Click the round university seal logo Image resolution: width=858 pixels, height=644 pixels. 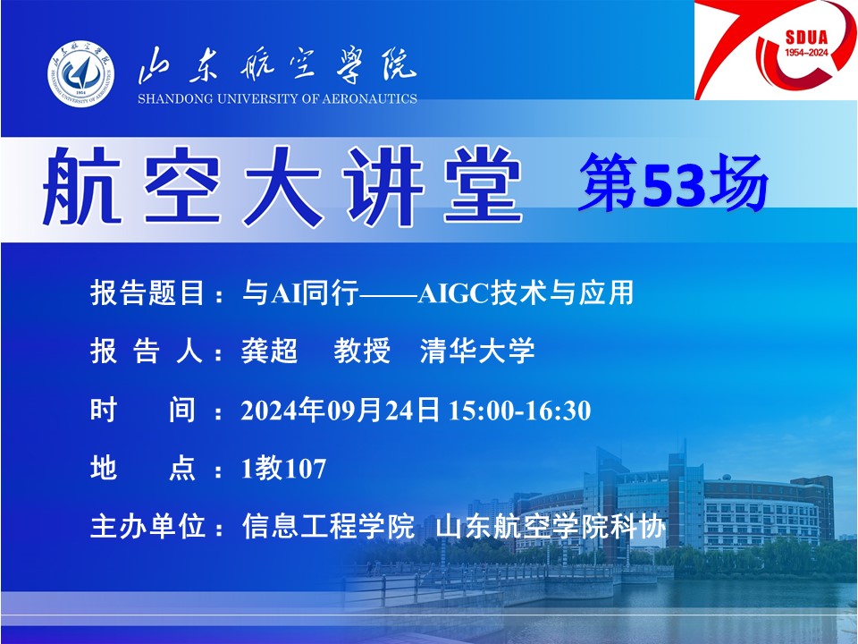pos(81,73)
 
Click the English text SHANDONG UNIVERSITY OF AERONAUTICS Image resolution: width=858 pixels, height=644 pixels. pos(277,99)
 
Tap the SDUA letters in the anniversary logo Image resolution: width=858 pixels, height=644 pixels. pos(806,38)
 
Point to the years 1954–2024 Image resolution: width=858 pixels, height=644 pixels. pos(806,53)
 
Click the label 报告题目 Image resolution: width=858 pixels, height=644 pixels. pos(147,292)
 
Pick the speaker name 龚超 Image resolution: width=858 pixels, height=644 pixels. pos(269,351)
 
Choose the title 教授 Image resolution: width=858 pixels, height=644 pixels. pos(362,351)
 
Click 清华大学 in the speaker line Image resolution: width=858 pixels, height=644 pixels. pos(477,351)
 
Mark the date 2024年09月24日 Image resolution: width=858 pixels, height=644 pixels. pos(341,411)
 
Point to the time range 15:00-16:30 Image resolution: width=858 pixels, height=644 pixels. pos(520,411)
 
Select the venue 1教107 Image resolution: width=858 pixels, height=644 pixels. pos(283,468)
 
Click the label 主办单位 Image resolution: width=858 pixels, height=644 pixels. pos(147,526)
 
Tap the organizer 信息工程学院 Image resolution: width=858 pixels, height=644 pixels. pos(328,526)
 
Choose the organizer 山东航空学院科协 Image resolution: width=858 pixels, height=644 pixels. pos(551,526)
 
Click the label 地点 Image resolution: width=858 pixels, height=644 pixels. pos(142,468)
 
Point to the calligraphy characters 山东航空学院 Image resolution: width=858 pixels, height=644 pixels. pos(277,65)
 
